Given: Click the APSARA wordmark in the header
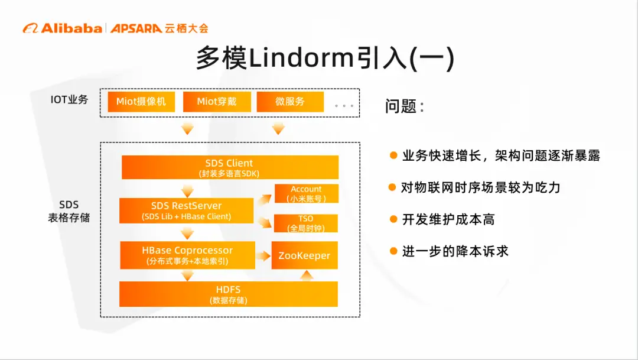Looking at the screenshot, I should pyautogui.click(x=135, y=28).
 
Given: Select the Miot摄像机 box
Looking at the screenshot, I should pyautogui.click(x=141, y=102).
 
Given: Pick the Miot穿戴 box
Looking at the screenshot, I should pyautogui.click(x=216, y=102).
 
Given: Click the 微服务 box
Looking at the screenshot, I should pyautogui.click(x=290, y=102).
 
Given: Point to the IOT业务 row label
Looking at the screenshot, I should pyautogui.click(x=69, y=100).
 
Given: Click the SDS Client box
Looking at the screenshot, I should pyautogui.click(x=230, y=167).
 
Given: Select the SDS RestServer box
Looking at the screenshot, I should pyautogui.click(x=186, y=210).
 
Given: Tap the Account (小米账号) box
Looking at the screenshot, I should pyautogui.click(x=306, y=194).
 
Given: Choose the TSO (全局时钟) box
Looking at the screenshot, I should pyautogui.click(x=306, y=223).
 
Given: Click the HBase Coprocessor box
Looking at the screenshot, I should pyautogui.click(x=187, y=255).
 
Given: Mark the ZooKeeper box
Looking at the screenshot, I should pyautogui.click(x=304, y=256).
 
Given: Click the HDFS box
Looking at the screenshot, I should pyautogui.click(x=228, y=294).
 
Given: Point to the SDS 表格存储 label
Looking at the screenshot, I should pyautogui.click(x=69, y=211).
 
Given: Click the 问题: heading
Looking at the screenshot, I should pyautogui.click(x=405, y=106).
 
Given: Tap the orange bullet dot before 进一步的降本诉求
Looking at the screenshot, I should pyautogui.click(x=393, y=251).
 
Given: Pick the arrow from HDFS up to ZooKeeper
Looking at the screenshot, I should pyautogui.click(x=305, y=275).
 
